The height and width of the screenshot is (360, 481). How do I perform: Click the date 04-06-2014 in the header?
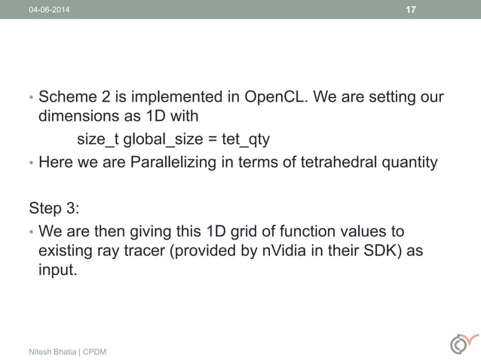click(x=47, y=10)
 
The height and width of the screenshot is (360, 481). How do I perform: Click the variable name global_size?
click(x=161, y=140)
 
